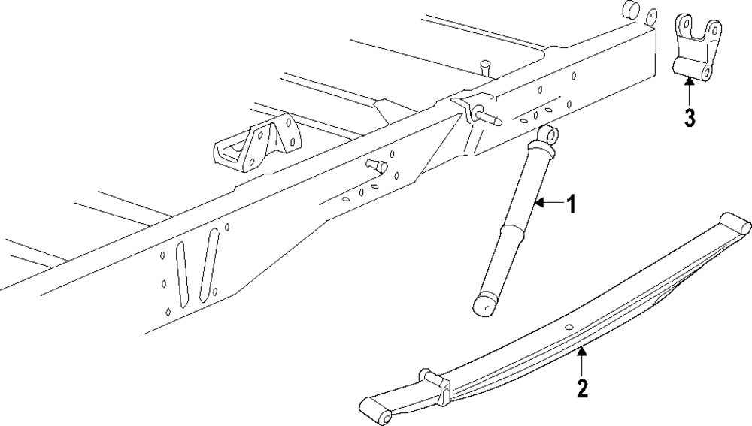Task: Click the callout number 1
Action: [x=571, y=204]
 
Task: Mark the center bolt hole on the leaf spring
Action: [x=569, y=326]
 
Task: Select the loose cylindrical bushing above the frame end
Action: [x=632, y=12]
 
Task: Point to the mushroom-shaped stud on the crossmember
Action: [x=485, y=65]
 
